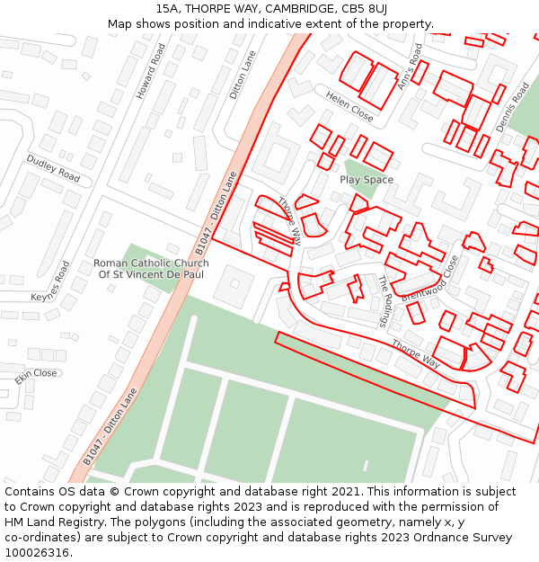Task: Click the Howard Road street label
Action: pos(151,71)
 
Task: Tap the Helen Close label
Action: pos(349,107)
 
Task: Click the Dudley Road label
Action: pos(53,168)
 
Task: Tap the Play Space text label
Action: pos(367,180)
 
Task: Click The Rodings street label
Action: pos(384,300)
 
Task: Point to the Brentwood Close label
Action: pos(429,279)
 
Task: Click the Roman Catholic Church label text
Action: pos(151,269)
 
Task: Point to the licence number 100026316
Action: pos(38,552)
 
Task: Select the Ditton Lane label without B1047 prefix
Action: pos(243,74)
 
